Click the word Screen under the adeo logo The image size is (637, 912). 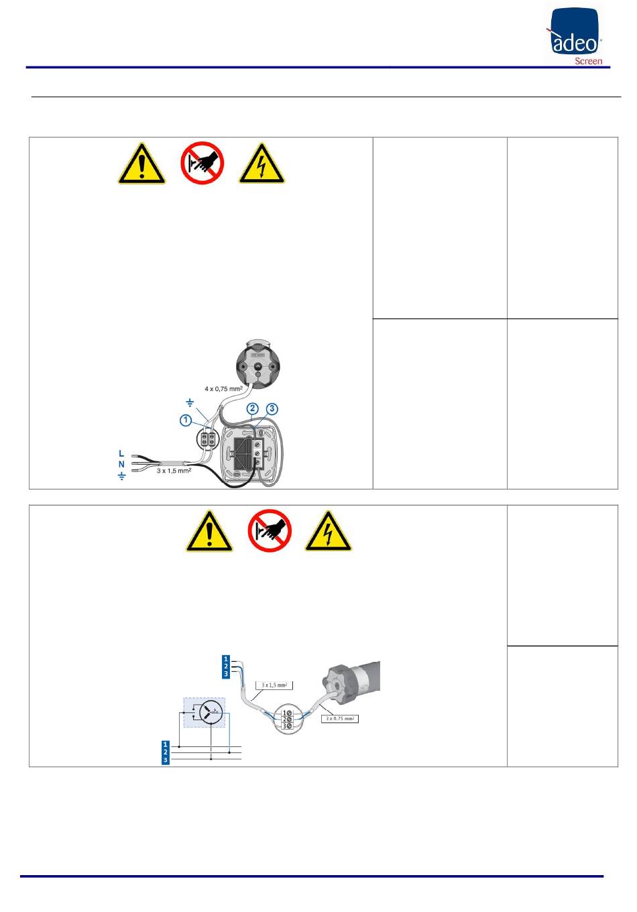pyautogui.click(x=589, y=61)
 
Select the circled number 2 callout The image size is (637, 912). pyautogui.click(x=252, y=408)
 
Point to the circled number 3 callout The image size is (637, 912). pyautogui.click(x=272, y=408)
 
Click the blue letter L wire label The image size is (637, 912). pyautogui.click(x=121, y=453)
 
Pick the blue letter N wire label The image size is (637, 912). pyautogui.click(x=121, y=464)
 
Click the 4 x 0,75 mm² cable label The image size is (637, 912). pyautogui.click(x=223, y=388)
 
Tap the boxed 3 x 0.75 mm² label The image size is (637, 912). pyautogui.click(x=339, y=719)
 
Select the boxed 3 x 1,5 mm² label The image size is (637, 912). pyautogui.click(x=274, y=685)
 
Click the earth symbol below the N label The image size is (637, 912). pyautogui.click(x=121, y=476)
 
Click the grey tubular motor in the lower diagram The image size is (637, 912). pyautogui.click(x=355, y=679)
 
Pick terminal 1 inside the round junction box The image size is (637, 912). pyautogui.click(x=286, y=711)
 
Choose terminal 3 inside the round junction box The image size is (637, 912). pyautogui.click(x=286, y=726)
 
